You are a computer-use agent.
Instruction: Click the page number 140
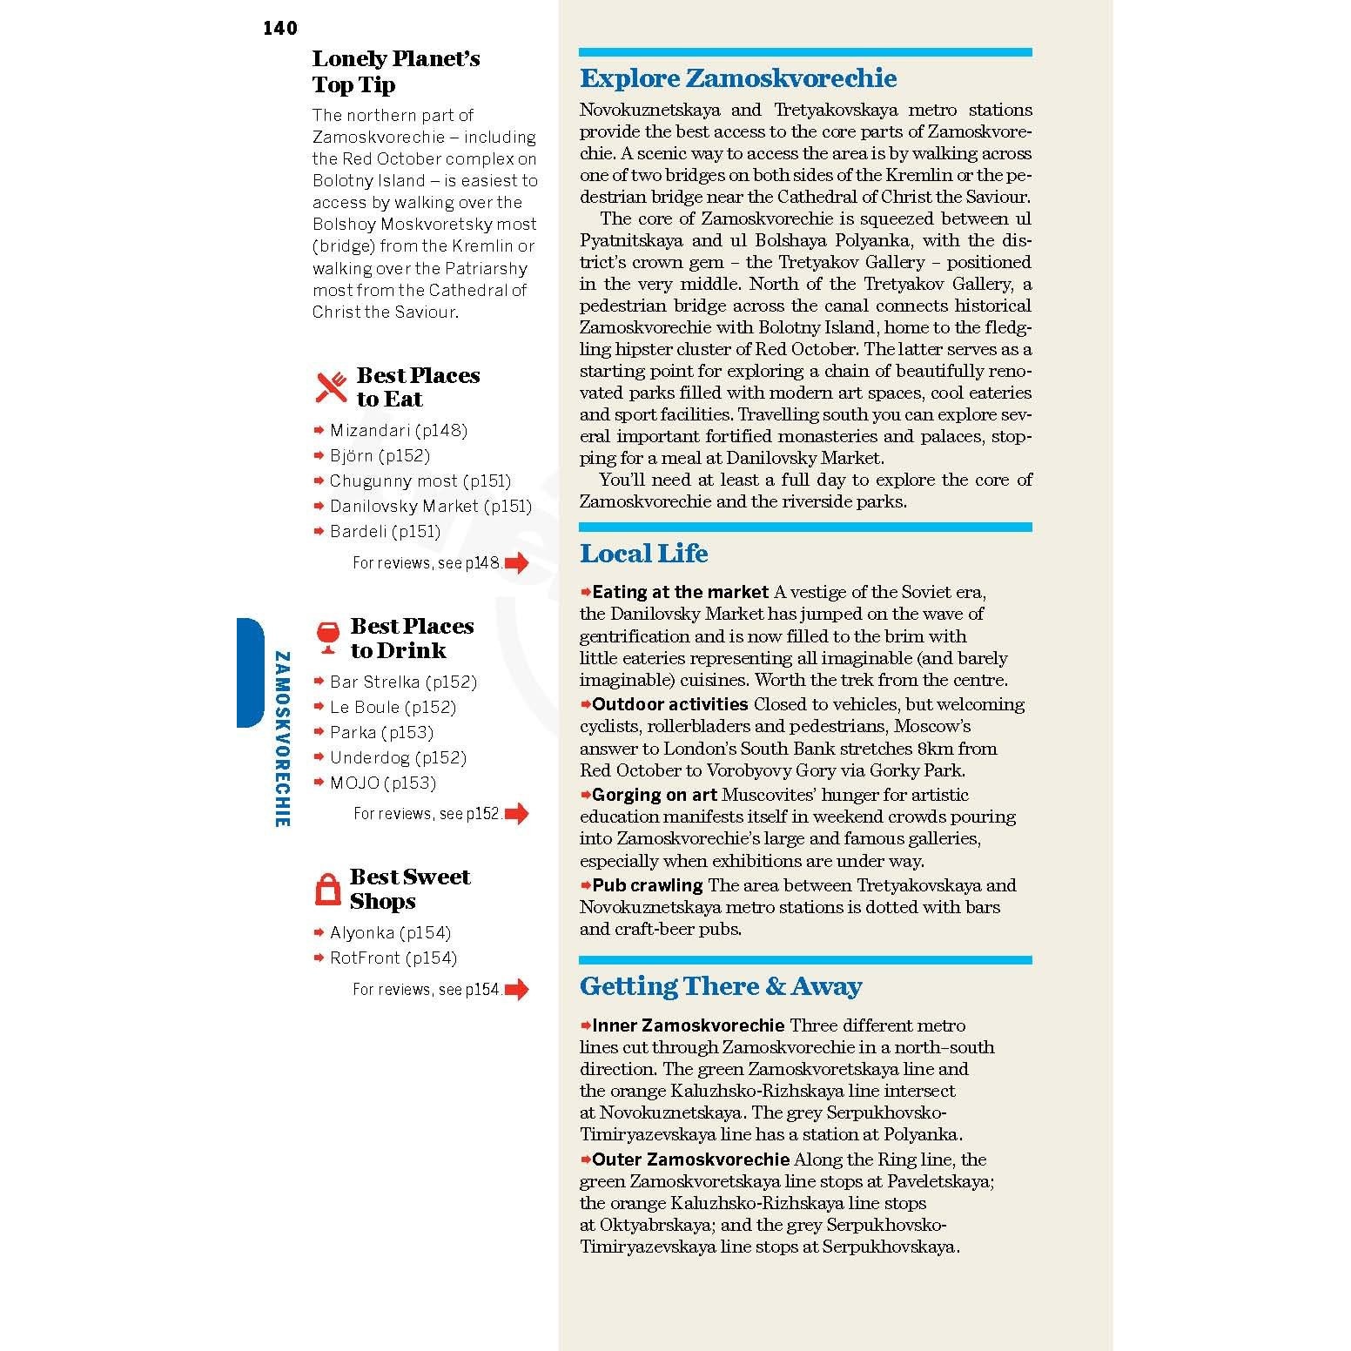click(x=279, y=29)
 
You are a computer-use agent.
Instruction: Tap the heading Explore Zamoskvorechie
click(x=737, y=78)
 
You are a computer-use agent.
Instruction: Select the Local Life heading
click(x=643, y=554)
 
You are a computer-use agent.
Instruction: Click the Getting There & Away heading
click(x=720, y=986)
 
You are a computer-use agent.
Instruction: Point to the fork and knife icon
click(x=331, y=387)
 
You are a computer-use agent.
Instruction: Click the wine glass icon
click(x=328, y=637)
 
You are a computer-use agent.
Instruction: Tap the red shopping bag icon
click(x=326, y=889)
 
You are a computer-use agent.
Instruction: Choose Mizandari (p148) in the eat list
click(x=398, y=430)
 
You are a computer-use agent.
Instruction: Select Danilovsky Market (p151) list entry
click(x=430, y=506)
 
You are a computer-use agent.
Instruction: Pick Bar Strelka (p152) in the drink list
click(x=403, y=682)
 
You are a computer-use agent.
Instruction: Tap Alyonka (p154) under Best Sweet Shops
click(x=390, y=932)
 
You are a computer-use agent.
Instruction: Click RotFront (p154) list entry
click(x=393, y=958)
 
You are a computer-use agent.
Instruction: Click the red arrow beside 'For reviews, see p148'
click(x=517, y=563)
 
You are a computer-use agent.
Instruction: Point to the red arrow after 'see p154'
click(x=517, y=990)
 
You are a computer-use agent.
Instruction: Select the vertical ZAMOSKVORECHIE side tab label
click(x=281, y=738)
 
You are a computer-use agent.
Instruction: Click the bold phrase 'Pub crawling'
click(x=647, y=885)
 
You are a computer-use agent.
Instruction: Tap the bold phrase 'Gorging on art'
click(x=654, y=795)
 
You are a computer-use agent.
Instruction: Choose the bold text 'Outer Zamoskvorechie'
click(x=690, y=1159)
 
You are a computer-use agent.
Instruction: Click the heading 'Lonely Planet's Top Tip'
click(x=395, y=71)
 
